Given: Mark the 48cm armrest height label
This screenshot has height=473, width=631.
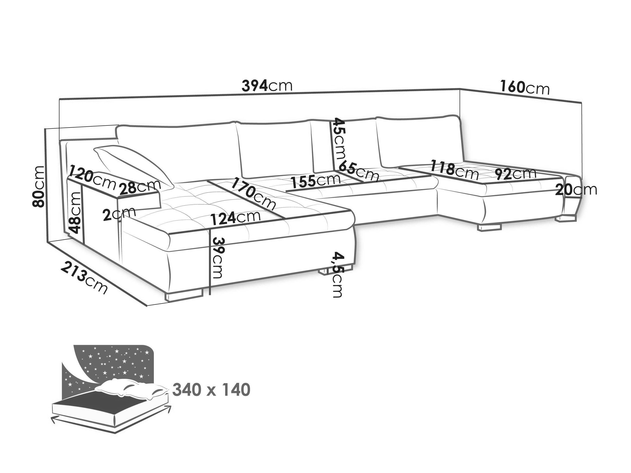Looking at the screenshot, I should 75,212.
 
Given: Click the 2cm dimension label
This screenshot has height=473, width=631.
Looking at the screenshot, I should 119,214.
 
